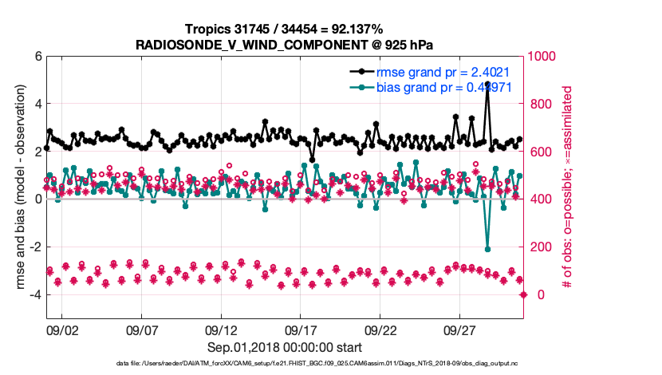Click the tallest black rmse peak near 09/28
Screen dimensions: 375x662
(487, 83)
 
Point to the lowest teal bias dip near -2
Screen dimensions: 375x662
(487, 249)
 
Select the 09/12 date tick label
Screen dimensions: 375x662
(221, 330)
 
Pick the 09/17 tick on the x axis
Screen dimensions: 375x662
(301, 330)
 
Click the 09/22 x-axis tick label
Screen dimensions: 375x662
(380, 330)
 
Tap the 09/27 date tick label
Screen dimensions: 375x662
(460, 330)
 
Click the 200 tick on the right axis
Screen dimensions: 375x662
(536, 247)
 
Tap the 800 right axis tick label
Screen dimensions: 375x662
(536, 104)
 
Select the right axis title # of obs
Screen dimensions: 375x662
(568, 187)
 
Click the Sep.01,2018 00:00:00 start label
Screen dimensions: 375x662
(285, 347)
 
